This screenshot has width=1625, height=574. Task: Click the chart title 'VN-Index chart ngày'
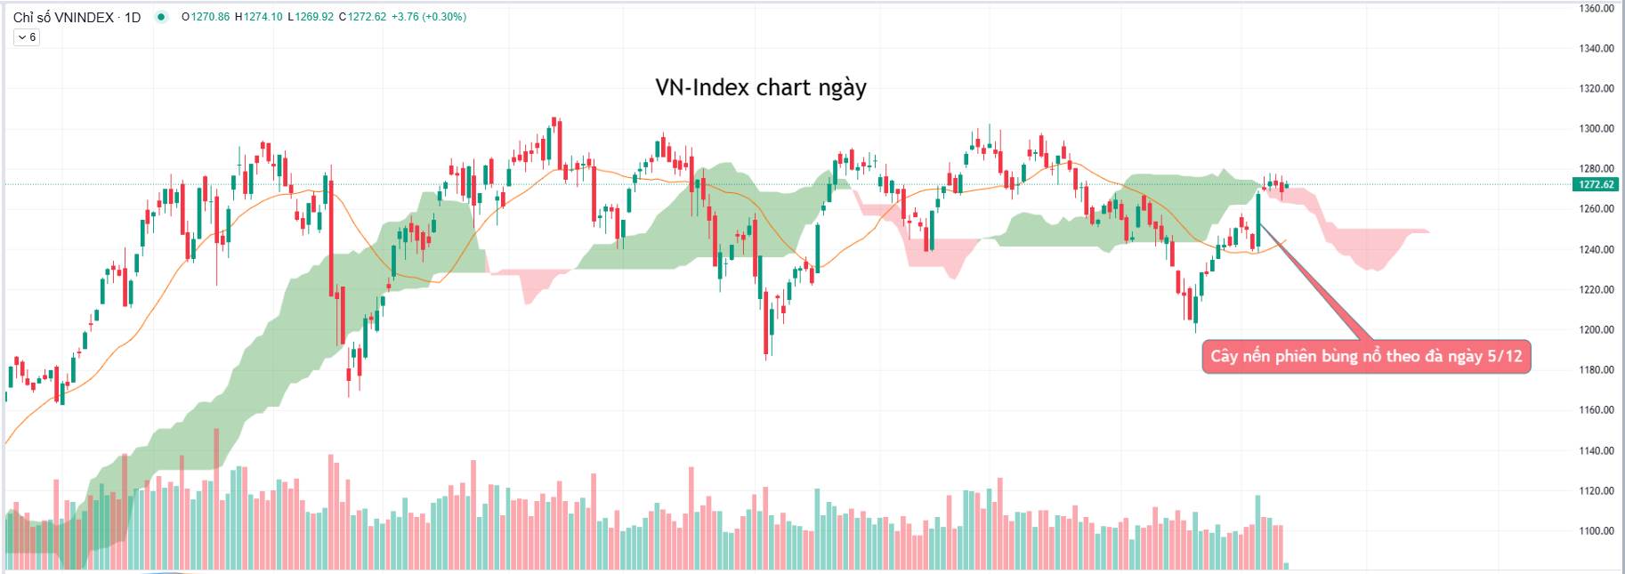click(760, 87)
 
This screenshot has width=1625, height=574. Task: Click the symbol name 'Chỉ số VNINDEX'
click(63, 17)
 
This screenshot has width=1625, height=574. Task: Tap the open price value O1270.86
click(206, 17)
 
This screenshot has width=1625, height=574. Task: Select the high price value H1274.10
click(259, 17)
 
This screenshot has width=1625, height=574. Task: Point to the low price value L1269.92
click(311, 17)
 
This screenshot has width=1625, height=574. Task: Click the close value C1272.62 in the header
click(362, 17)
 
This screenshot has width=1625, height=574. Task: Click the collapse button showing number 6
click(27, 37)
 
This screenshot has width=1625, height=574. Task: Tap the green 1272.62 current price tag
click(1596, 184)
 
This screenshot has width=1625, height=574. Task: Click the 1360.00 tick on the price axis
click(1596, 8)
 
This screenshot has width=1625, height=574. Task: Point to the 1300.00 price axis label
click(1596, 128)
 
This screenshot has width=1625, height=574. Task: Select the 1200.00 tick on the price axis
click(1596, 329)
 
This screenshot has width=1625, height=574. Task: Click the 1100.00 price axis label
click(1596, 530)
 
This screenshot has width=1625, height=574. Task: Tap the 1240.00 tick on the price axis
click(1596, 249)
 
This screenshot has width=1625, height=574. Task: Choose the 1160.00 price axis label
click(1596, 409)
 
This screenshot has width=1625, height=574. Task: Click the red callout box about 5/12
click(1365, 357)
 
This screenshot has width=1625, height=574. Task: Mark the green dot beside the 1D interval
click(161, 17)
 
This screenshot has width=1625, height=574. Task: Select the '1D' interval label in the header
click(133, 17)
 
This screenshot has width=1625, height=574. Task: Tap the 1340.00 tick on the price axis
click(1596, 48)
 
